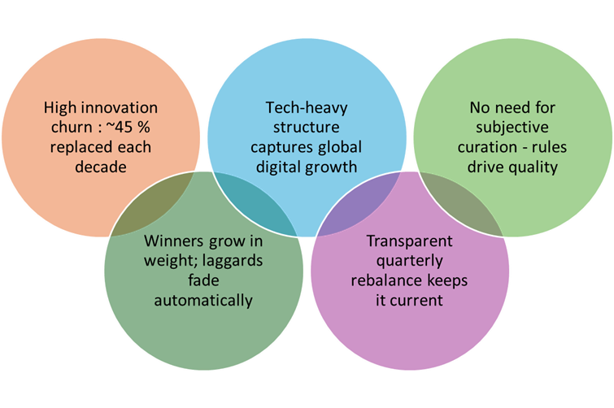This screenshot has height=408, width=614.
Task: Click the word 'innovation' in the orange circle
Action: point(120,107)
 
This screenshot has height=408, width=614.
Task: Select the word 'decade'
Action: point(101,167)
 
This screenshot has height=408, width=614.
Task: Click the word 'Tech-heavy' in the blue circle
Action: point(307,108)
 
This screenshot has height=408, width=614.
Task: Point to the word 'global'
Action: point(339,148)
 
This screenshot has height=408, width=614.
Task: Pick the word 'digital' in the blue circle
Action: point(278,167)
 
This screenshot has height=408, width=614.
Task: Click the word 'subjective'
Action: point(512,128)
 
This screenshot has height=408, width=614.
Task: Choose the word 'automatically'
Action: point(203,301)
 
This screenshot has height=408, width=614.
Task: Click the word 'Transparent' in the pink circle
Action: point(410,241)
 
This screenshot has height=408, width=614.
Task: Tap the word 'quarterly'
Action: point(410,261)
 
